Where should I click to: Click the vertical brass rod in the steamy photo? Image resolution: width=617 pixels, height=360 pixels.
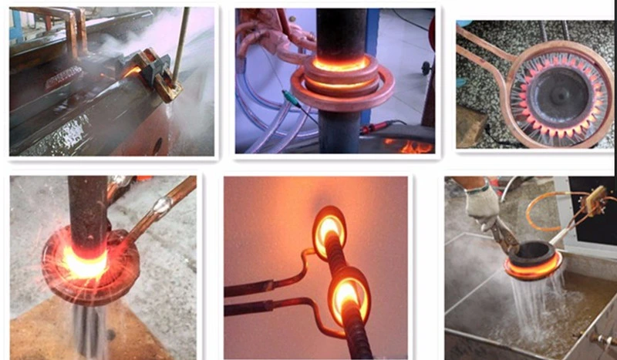coord(180,46)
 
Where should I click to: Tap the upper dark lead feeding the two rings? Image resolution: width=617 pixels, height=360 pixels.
coord(262,288)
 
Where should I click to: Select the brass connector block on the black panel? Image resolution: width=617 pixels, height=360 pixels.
coord(593,202)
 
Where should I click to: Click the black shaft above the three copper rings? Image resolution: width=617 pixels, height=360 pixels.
coord(339,31)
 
